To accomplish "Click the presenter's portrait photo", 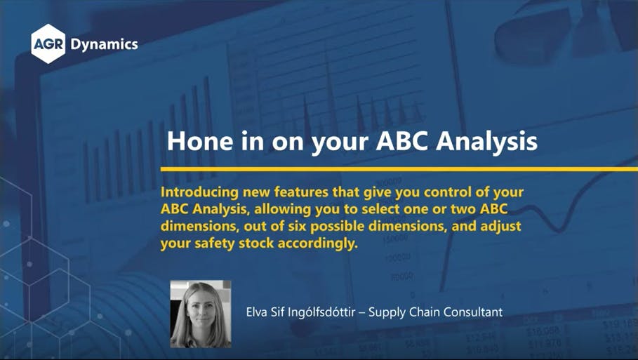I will (200, 314).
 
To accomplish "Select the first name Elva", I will (257, 312).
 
